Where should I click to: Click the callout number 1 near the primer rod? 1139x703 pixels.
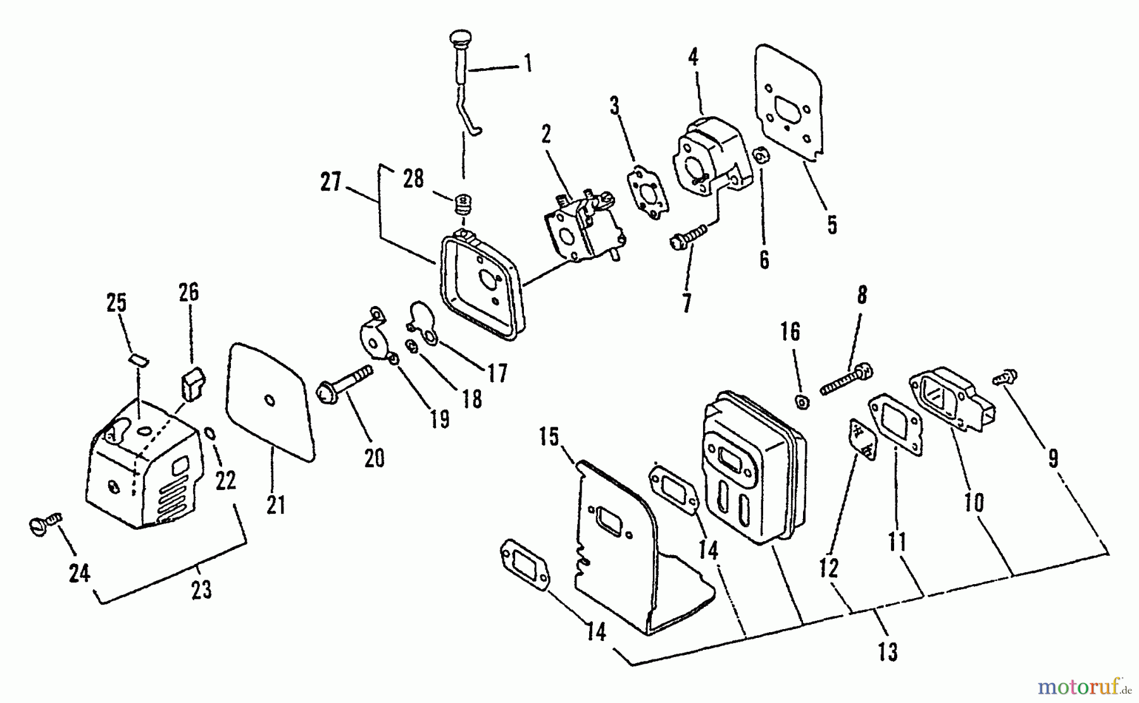pyautogui.click(x=527, y=64)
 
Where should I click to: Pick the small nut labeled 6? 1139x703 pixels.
pyautogui.click(x=761, y=156)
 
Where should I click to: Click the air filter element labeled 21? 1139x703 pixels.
pyautogui.click(x=271, y=403)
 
